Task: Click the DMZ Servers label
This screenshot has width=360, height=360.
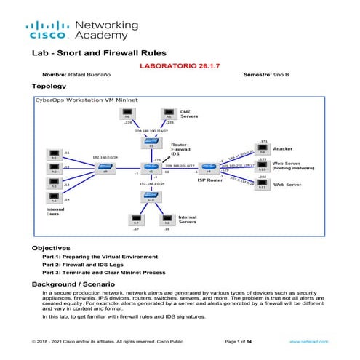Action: point(190,115)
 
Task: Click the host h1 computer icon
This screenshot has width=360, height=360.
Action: point(53,155)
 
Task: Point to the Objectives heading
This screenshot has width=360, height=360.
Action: point(51,248)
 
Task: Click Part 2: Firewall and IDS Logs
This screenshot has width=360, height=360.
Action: point(82,265)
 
